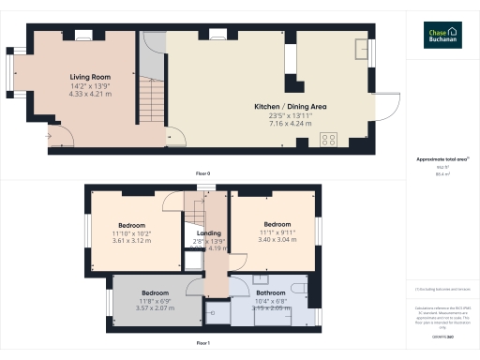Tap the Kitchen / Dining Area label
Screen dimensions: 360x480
(290, 106)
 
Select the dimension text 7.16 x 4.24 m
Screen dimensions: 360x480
(290, 122)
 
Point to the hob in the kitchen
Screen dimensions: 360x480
(329, 140)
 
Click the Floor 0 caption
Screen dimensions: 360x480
(202, 173)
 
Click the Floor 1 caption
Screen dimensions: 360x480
(202, 343)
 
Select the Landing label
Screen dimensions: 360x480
(208, 232)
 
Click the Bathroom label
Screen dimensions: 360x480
(271, 292)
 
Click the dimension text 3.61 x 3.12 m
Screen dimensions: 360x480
(130, 240)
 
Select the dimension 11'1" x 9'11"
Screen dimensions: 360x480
(277, 232)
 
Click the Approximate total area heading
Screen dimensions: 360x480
(441, 159)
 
